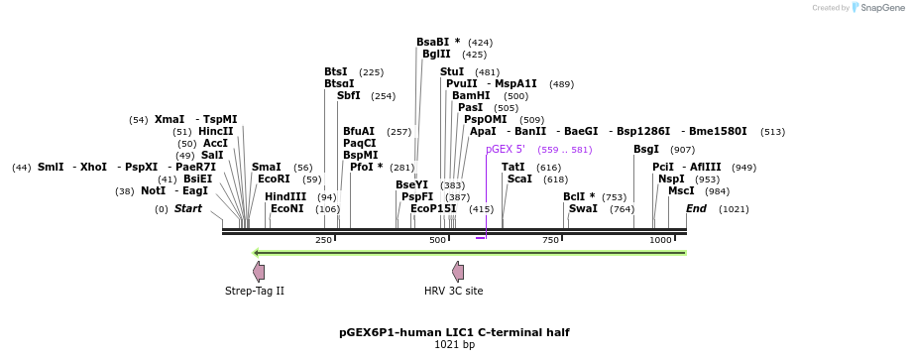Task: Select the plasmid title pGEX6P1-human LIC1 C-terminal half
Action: pos(454,332)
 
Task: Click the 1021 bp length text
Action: pos(454,345)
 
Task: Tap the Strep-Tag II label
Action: pos(255,291)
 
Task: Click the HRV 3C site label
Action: pos(453,291)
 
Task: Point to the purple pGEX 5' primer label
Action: pos(505,149)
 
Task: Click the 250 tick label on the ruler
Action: pos(323,241)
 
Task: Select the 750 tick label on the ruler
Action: pos(550,241)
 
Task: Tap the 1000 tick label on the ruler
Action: pos(660,241)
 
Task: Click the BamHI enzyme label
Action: pos(471,95)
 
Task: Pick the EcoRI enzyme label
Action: pos(274,179)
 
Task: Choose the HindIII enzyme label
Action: pos(285,196)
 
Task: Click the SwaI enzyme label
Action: pos(583,208)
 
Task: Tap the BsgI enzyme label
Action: pos(646,149)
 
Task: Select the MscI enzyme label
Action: pos(681,190)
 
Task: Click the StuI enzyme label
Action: pos(452,71)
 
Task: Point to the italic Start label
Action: pos(187,208)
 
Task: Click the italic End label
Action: pos(696,208)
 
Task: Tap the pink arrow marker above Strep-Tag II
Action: pos(259,271)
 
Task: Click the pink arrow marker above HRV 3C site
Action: pos(458,271)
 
